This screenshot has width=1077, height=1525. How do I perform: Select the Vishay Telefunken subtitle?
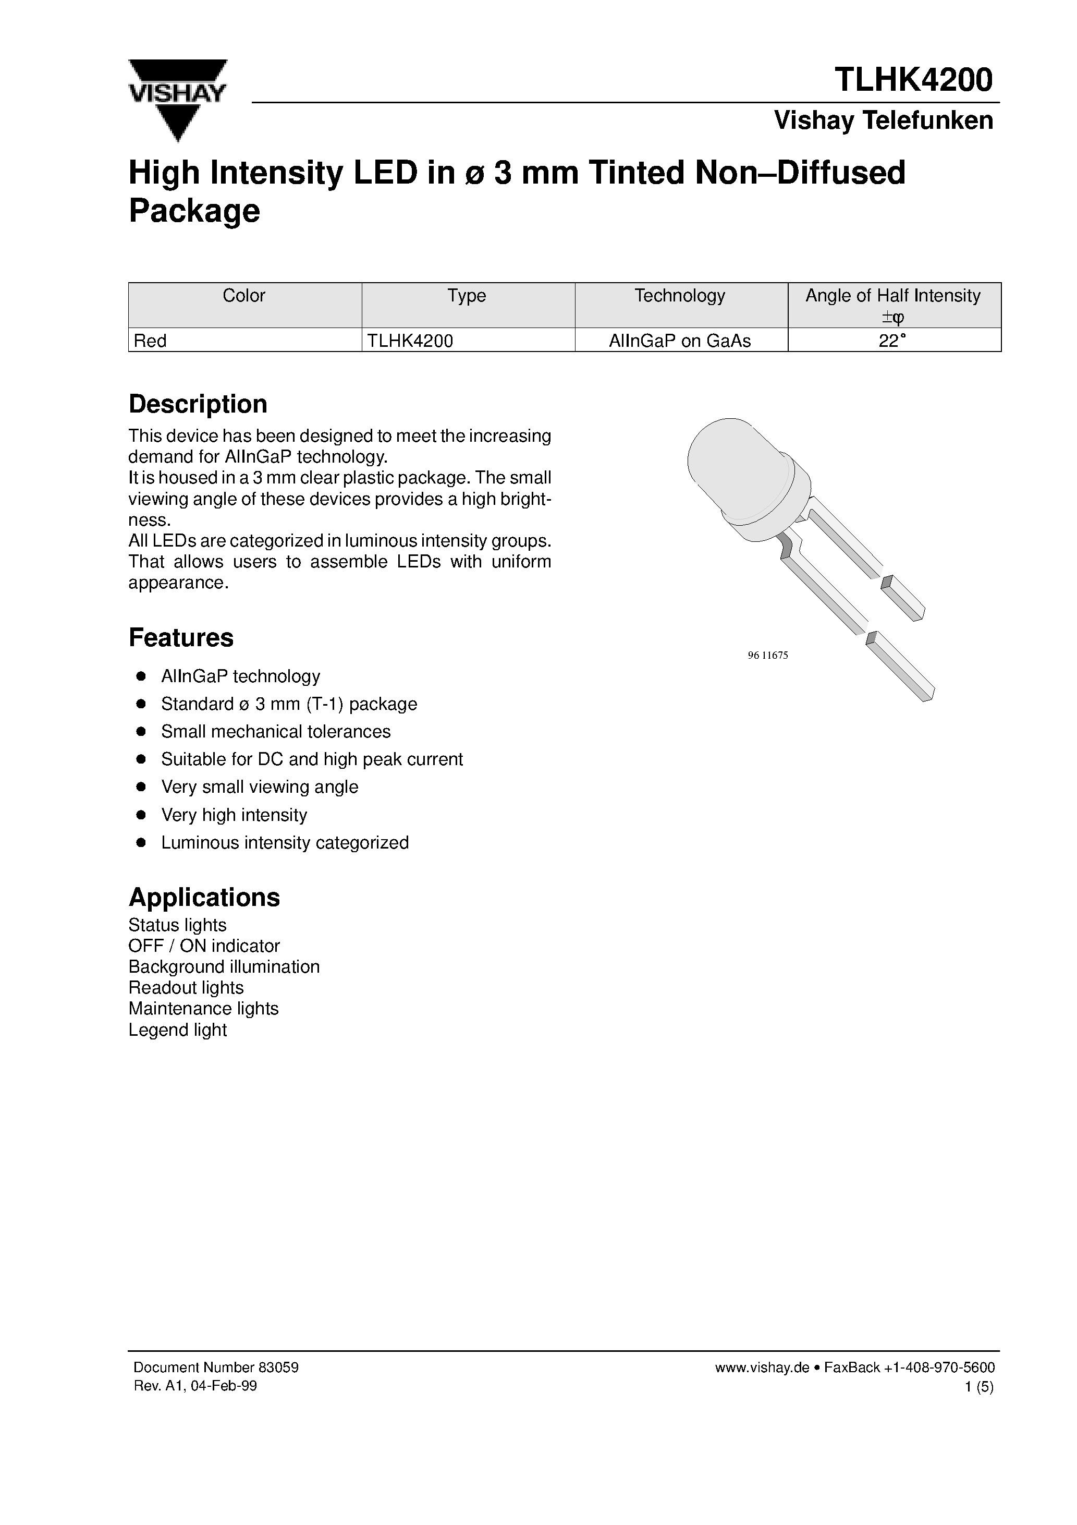point(883,120)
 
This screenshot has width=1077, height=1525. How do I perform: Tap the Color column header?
point(243,296)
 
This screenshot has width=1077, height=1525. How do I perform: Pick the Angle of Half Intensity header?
point(892,296)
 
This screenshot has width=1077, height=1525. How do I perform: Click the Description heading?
point(198,404)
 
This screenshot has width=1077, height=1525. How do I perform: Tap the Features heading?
point(180,638)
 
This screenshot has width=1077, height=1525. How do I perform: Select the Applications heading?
point(204,898)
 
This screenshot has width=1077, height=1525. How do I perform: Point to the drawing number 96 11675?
point(767,655)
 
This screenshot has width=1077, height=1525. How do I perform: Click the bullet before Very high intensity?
point(141,815)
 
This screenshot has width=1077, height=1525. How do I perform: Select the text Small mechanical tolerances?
point(276,731)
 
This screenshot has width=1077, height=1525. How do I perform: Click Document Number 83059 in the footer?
point(216,1367)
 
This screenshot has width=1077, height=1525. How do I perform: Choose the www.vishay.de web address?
point(762,1367)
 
